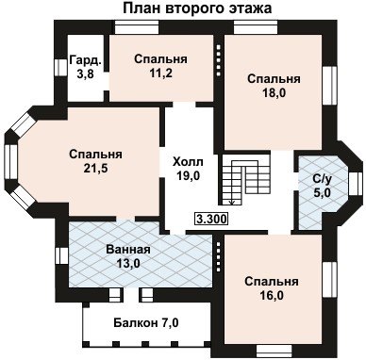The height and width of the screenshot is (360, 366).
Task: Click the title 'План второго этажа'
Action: coord(197,8)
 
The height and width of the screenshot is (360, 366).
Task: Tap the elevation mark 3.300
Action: coord(211,219)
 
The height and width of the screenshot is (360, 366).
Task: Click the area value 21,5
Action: coord(96,169)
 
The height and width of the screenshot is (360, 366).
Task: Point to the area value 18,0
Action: coord(274,92)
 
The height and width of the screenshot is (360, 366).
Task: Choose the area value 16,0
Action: coord(272,295)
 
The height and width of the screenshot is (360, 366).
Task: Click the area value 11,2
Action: coord(160,74)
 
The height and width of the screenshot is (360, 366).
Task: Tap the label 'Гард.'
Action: coord(86,60)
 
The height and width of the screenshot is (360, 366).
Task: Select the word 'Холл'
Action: coord(188,162)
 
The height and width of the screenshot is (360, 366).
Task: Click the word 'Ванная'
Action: coord(128,250)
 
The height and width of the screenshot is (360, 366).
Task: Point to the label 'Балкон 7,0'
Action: coord(146,322)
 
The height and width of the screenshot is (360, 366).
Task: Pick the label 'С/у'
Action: coord(322,179)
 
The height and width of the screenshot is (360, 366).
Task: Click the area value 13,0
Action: coord(128,263)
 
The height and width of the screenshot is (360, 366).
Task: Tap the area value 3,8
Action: coord(85,74)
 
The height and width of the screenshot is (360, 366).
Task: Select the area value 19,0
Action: coord(188,175)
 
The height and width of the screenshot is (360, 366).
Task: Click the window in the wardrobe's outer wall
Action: coord(58,67)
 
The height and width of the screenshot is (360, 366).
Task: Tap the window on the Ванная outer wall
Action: coord(62,256)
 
